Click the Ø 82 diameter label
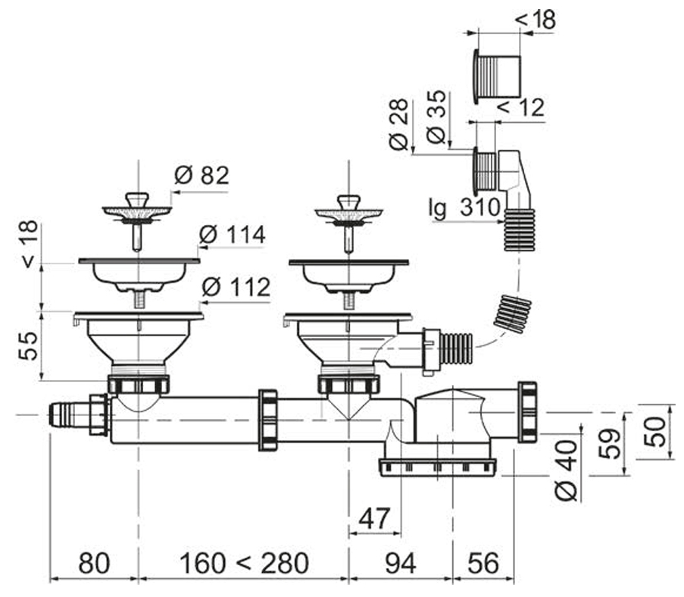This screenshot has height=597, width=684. tap(201, 176)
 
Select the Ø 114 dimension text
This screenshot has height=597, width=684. tap(232, 235)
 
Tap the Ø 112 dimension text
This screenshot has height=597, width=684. tap(236, 287)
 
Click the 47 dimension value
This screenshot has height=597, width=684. tap(374, 518)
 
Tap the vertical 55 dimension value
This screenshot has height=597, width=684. tap(29, 345)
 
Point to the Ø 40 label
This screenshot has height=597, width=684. tap(567, 470)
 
